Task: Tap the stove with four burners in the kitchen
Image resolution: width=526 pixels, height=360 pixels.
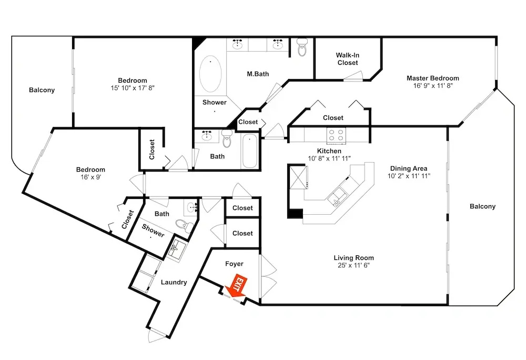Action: coord(336,135)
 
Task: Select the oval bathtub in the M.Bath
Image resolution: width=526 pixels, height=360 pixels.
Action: coord(210,74)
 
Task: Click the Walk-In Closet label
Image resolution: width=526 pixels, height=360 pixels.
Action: coord(347,59)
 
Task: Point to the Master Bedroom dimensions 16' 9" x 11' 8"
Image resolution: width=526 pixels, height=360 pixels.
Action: coord(433,86)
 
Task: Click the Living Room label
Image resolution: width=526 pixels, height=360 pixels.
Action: coord(353,258)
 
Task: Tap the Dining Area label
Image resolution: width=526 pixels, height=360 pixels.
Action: coord(409,168)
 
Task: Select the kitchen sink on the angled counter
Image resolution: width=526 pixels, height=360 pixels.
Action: coord(338,197)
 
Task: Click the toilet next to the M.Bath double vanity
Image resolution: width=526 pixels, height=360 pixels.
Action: coord(302,47)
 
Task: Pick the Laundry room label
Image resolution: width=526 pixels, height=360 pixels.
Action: coord(174,282)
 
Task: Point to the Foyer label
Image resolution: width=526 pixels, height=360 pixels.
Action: coord(234,264)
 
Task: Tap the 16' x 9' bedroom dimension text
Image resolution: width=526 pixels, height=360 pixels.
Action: coord(90,177)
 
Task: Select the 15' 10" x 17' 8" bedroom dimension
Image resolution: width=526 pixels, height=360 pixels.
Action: coord(133,88)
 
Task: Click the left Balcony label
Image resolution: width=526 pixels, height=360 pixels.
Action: coord(42,90)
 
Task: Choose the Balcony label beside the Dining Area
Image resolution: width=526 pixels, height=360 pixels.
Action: coord(482,206)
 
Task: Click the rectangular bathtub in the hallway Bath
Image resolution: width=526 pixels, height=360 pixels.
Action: coord(249,151)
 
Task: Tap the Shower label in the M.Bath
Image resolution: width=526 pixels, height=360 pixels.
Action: coord(215,102)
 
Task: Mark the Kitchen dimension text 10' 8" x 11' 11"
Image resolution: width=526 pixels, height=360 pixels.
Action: coord(329,158)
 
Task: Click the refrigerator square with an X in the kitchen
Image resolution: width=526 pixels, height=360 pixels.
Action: coord(298,177)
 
